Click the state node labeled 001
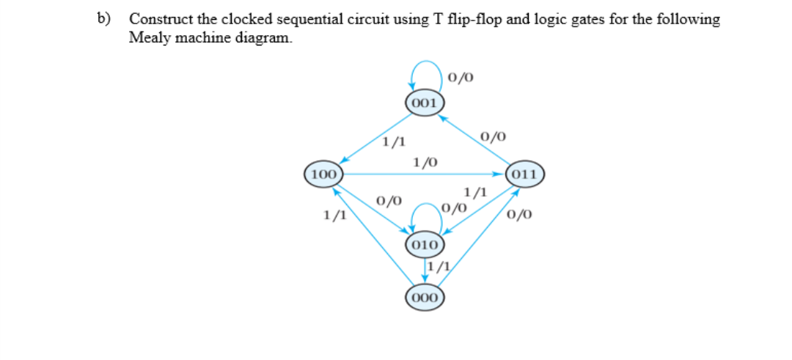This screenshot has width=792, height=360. [x=424, y=103]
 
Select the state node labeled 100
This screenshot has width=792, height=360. [x=323, y=175]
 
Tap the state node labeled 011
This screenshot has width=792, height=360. [x=525, y=175]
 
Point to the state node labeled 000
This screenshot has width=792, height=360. [x=424, y=297]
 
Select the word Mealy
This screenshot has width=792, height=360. [x=147, y=37]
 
